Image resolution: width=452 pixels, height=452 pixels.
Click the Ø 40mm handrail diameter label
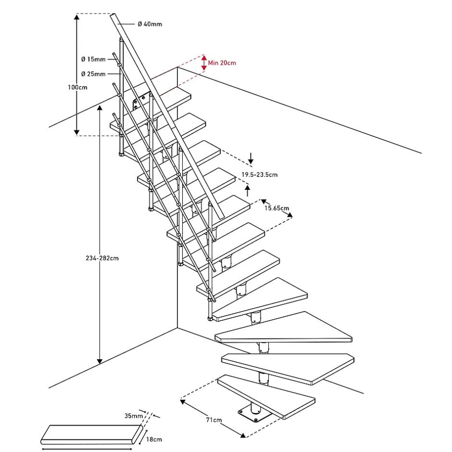pyautogui.click(x=150, y=24)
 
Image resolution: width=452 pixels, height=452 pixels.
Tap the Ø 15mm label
pyautogui.click(x=93, y=59)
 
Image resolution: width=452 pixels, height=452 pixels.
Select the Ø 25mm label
pyautogui.click(x=93, y=74)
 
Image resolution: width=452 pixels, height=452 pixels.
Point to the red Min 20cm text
pyautogui.click(x=222, y=63)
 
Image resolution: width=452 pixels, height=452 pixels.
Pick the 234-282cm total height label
pyautogui.click(x=99, y=258)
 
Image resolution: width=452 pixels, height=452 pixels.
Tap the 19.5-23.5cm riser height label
pyautogui.click(x=259, y=175)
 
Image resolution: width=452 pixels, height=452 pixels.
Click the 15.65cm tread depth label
pyautogui.click(x=276, y=208)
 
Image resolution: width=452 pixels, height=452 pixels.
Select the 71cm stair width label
pyautogui.click(x=213, y=420)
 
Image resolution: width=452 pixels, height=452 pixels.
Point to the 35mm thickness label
pyautogui.click(x=134, y=415)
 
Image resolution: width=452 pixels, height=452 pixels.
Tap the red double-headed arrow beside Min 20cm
pyautogui.click(x=203, y=63)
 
